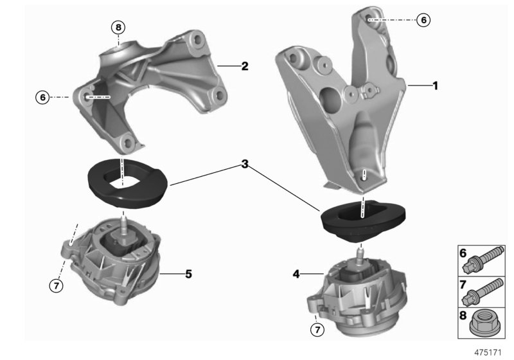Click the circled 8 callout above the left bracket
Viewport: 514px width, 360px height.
click(x=118, y=27)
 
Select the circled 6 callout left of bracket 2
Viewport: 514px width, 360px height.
click(x=43, y=97)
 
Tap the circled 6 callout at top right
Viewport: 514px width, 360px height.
click(x=423, y=20)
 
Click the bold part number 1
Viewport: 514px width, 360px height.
click(x=435, y=85)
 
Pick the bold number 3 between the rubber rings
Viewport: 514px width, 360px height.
click(x=245, y=165)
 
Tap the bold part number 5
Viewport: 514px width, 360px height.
click(x=188, y=274)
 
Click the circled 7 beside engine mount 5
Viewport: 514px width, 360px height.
click(x=57, y=286)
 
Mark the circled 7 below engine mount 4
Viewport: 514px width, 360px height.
click(x=316, y=330)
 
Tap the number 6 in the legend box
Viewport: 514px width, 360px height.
click(x=463, y=253)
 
